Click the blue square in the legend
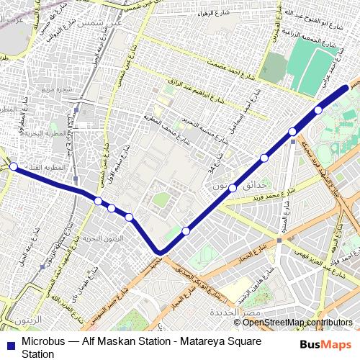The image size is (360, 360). tap(9, 339)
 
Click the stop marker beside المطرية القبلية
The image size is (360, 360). tap(14, 166)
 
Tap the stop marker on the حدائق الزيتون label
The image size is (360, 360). tap(233, 187)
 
